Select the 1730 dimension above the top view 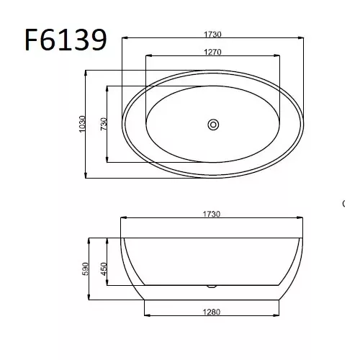tap(212, 33)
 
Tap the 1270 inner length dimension tap(212, 52)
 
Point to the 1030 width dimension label tap(81, 123)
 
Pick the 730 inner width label tap(103, 123)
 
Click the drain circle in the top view tap(213, 124)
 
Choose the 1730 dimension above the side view tap(210, 214)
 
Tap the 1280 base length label tap(212, 312)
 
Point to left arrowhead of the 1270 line tap(148, 57)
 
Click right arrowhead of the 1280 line tap(278, 317)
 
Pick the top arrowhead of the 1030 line tap(87, 71)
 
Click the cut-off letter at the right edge tap(343, 204)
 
